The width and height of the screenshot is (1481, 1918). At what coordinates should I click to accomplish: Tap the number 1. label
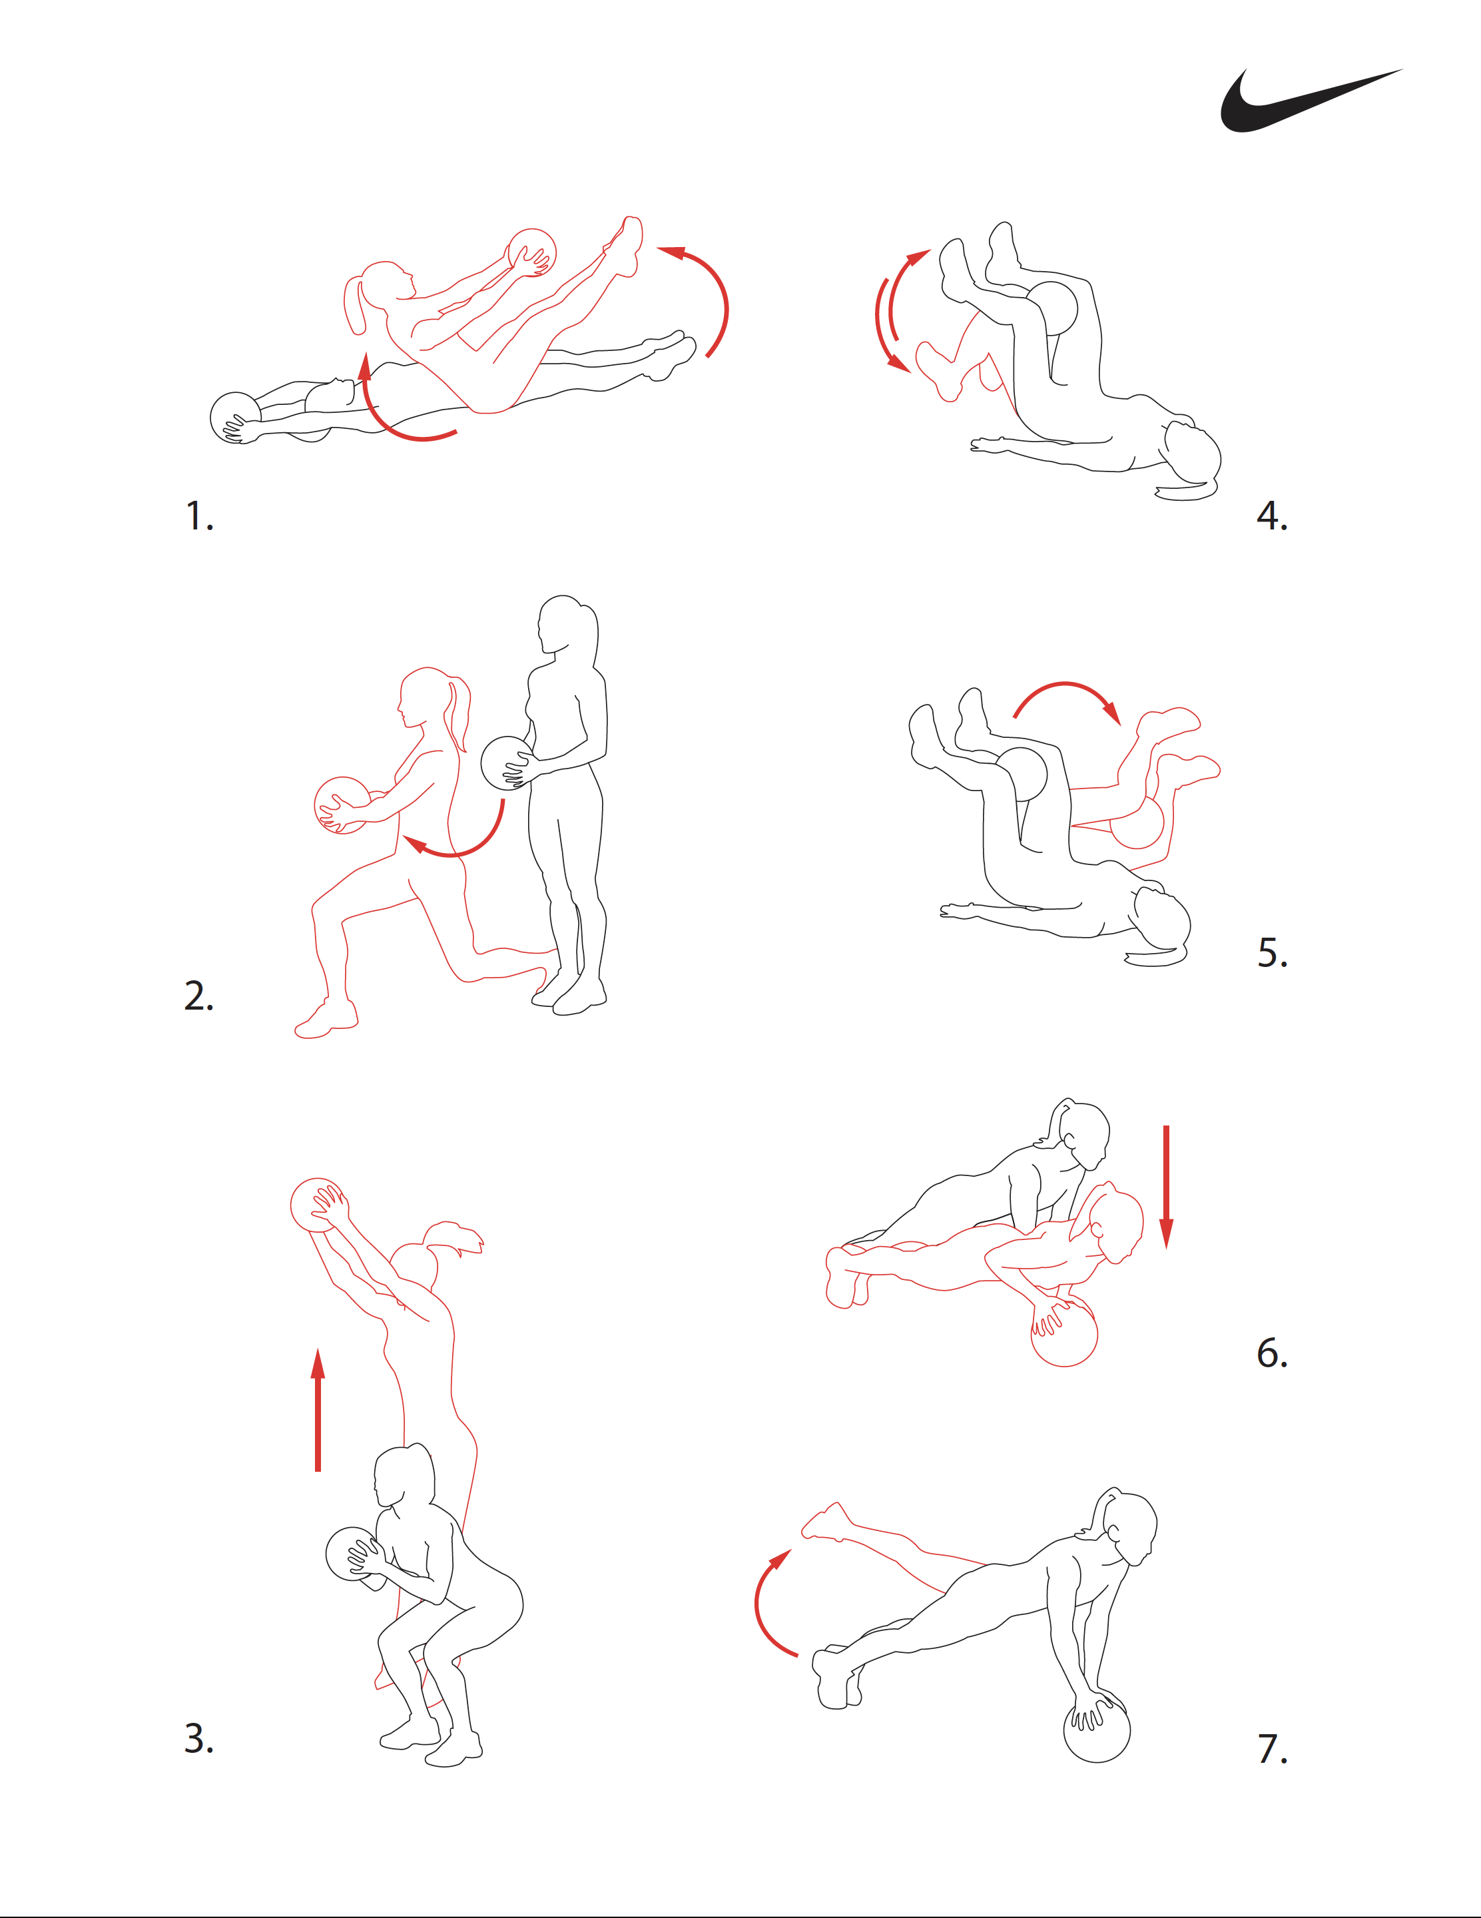coord(199,515)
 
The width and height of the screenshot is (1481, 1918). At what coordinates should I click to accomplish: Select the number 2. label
coord(198,995)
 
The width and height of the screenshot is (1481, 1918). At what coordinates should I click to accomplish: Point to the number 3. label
coord(198,1738)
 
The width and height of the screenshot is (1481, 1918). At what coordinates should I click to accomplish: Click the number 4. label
coord(1272,515)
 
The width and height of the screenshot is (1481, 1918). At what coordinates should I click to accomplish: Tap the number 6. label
coord(1272,1353)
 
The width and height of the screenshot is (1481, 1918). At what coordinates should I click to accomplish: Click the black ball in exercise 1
coord(234,418)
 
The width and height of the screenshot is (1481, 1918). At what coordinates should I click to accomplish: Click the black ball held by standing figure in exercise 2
coord(507,763)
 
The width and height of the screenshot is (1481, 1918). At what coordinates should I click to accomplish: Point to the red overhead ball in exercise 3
coord(317,1205)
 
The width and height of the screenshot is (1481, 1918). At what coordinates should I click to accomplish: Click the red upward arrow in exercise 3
coord(318,1409)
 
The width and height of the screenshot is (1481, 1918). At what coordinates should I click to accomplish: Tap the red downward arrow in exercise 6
coord(1166,1187)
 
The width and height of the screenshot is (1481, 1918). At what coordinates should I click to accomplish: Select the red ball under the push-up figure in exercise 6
coord(1064,1332)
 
